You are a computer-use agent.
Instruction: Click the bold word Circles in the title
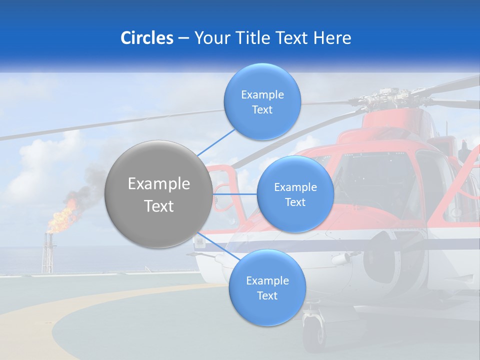click(x=146, y=38)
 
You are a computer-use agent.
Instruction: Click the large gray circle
click(x=158, y=194)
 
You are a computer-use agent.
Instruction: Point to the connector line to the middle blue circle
click(x=234, y=193)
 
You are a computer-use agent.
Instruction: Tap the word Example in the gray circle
click(x=158, y=184)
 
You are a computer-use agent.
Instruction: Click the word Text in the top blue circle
click(x=262, y=110)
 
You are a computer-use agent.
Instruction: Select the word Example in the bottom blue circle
click(x=267, y=280)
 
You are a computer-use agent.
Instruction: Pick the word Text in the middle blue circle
click(x=295, y=202)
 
